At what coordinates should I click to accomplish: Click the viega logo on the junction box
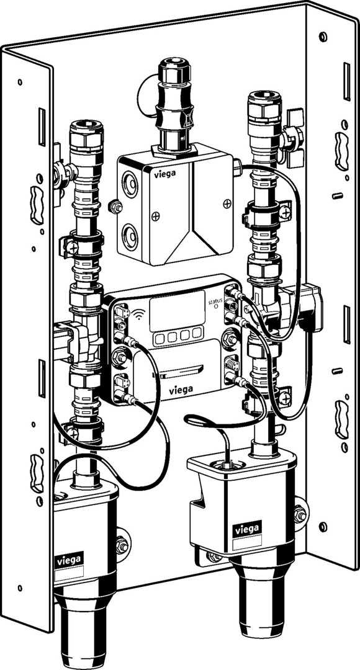(164, 173)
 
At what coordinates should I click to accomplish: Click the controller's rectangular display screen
(177, 311)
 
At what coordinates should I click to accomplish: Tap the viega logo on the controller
(181, 389)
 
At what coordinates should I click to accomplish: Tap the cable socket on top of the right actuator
(226, 463)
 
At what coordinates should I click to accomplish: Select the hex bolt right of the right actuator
(300, 514)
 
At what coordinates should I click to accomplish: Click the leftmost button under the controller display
(160, 339)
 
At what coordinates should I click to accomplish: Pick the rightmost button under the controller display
(197, 333)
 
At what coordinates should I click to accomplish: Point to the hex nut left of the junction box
(115, 208)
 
